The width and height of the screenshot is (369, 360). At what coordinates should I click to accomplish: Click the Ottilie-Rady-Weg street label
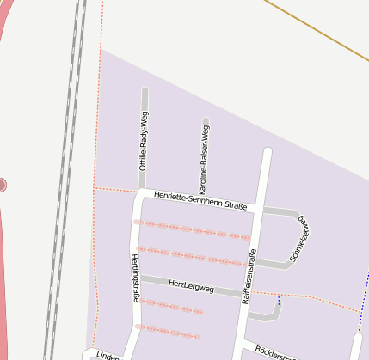[144, 140]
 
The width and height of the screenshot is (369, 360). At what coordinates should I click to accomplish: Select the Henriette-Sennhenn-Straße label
[200, 200]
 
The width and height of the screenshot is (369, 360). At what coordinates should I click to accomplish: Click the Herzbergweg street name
[190, 284]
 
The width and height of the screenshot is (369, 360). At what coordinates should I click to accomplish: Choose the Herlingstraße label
[135, 278]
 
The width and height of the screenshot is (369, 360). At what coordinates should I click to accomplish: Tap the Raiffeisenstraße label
[249, 278]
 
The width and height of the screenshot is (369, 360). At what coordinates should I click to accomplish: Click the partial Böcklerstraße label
[275, 353]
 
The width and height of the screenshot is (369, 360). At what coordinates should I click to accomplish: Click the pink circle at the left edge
[2, 185]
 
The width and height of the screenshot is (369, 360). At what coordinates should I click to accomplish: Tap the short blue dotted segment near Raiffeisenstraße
[278, 302]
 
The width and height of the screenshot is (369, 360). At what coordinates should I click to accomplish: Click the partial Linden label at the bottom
[106, 356]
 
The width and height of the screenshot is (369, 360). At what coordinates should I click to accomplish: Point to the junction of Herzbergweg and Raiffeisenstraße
[246, 294]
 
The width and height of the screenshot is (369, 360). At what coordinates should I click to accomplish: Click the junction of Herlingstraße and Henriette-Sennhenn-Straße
[140, 193]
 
